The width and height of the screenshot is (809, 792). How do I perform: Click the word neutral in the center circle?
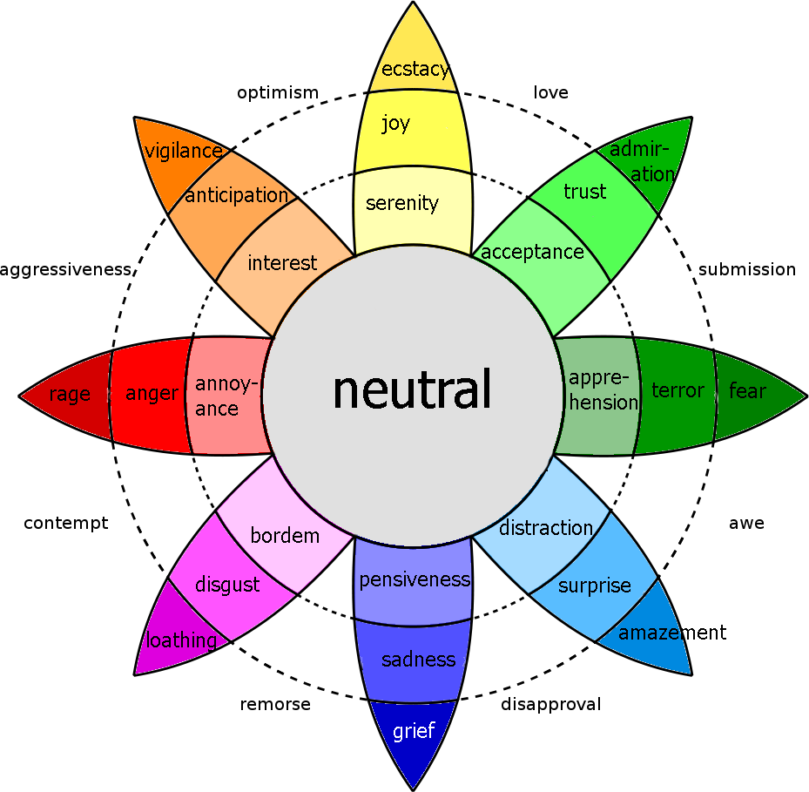412,389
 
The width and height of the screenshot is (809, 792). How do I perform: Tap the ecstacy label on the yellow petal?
415,70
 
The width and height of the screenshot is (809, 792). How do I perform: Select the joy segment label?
395,123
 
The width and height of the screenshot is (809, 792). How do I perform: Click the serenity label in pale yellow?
402,203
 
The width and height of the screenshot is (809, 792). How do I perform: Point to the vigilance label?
183,151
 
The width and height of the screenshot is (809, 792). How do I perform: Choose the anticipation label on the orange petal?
236,195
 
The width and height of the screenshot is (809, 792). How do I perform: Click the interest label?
282,262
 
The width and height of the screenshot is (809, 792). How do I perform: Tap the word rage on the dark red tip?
70,394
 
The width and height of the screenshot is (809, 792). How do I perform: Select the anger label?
152,393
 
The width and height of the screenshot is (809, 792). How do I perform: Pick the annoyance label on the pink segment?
226,396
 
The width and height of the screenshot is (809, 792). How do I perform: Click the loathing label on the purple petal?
181,640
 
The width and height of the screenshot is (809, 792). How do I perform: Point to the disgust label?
226,585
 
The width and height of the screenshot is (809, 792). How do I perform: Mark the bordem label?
285,535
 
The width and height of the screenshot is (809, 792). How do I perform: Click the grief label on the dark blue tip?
413,730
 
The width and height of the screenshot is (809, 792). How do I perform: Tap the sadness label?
419,660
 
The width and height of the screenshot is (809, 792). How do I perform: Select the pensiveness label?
415,579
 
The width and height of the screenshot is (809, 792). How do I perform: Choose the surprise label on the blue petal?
595,586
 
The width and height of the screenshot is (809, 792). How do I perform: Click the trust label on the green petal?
584,191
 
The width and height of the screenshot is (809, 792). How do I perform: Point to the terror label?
678,390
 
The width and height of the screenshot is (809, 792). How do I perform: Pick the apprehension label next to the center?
603,390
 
